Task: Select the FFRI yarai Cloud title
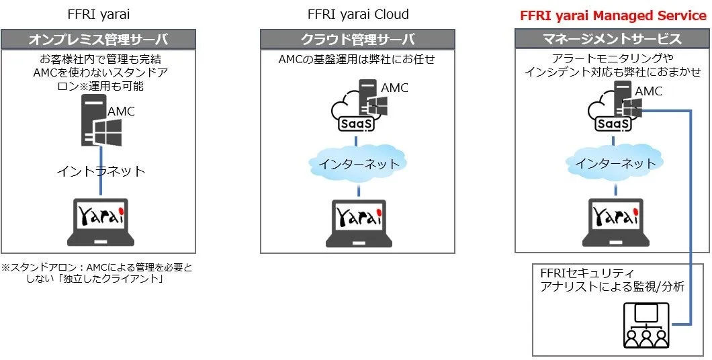pyautogui.click(x=357, y=15)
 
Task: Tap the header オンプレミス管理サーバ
pyautogui.click(x=98, y=39)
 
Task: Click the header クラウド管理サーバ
pyautogui.click(x=357, y=39)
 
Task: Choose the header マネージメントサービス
pyautogui.click(x=612, y=39)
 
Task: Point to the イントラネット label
pyautogui.click(x=101, y=171)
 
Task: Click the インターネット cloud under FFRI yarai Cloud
pyautogui.click(x=358, y=163)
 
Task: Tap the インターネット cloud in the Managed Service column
pyautogui.click(x=612, y=163)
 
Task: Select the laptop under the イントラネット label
pyautogui.click(x=102, y=222)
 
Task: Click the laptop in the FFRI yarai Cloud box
pyautogui.click(x=359, y=222)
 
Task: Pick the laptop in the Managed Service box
pyautogui.click(x=612, y=222)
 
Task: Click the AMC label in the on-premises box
pyautogui.click(x=121, y=111)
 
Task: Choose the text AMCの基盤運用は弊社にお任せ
pyautogui.click(x=357, y=60)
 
